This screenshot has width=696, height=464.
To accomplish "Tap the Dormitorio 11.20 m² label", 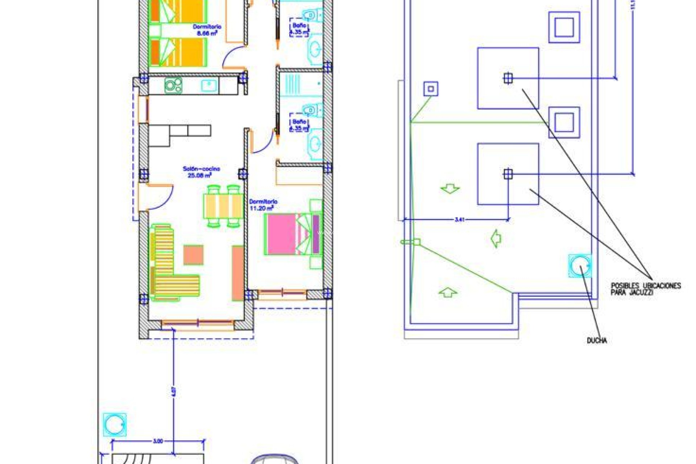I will coord(263,205).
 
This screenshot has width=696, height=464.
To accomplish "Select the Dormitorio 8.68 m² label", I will coord(207,30).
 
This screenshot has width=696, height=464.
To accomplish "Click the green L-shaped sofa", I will coord(170,265).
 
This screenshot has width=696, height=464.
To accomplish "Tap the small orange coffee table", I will coord(193,255).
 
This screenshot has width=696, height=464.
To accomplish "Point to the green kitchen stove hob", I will coord(173,86).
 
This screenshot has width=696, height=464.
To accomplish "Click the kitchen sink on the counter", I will coord(209,86).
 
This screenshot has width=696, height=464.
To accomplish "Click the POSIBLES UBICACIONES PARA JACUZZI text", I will coord(646,289).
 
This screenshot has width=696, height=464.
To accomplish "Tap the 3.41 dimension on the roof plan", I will coord(460,219).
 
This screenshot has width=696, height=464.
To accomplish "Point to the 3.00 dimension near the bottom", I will coord(158,441).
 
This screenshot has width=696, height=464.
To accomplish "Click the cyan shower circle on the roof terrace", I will coord(580,266).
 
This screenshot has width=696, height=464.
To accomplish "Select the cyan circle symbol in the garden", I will coord(115,424).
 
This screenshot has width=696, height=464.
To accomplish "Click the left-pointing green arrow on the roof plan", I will coord(496,239).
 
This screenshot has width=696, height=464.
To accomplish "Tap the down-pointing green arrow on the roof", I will coord(450,188).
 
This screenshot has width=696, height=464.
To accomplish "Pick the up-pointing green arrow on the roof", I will coord(448,292).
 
